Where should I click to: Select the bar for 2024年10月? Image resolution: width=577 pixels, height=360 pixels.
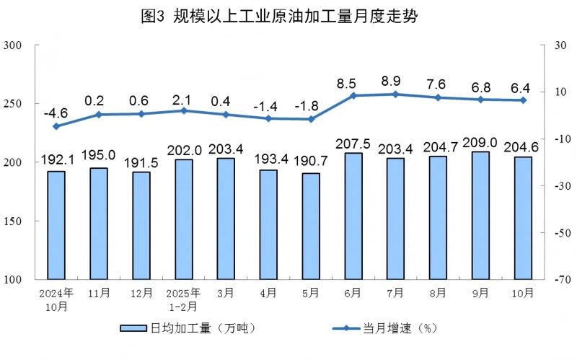[56, 225]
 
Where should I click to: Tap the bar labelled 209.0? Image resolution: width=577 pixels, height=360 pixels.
[480, 215]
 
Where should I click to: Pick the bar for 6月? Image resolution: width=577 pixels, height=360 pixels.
[353, 216]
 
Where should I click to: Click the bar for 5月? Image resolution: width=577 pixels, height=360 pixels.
[311, 226]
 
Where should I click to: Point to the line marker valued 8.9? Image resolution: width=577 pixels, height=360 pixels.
[396, 94]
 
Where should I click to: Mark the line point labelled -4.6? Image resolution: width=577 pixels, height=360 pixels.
[56, 126]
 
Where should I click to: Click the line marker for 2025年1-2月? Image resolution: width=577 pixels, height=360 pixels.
[184, 110]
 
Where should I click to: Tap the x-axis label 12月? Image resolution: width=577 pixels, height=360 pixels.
[141, 293]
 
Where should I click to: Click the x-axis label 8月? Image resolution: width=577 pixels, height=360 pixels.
[439, 293]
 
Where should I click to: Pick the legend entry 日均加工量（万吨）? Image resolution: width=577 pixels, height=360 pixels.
[188, 328]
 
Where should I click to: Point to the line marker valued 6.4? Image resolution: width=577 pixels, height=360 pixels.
[523, 100]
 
